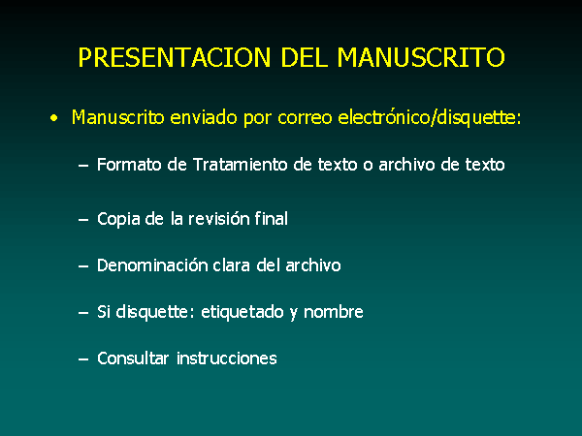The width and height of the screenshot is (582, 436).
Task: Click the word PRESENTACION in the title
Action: click(175, 57)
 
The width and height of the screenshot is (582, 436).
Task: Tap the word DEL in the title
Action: click(305, 57)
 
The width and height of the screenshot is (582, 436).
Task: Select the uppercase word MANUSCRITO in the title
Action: click(421, 57)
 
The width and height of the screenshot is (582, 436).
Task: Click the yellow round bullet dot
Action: click(54, 118)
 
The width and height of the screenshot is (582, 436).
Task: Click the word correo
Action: click(305, 118)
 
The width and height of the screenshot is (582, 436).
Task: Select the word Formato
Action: click(129, 165)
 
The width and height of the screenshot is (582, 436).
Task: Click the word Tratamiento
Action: click(241, 165)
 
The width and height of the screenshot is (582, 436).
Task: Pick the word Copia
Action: click(118, 220)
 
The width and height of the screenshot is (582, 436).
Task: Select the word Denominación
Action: click(152, 265)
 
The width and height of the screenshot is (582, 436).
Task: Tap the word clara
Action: click(232, 265)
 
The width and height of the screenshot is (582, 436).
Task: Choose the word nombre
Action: click(334, 312)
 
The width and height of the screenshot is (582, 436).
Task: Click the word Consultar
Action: click(133, 358)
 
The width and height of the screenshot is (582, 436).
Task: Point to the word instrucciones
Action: click(227, 358)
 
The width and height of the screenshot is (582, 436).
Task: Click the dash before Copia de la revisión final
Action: click(83, 220)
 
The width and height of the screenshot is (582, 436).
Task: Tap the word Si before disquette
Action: click(104, 312)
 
